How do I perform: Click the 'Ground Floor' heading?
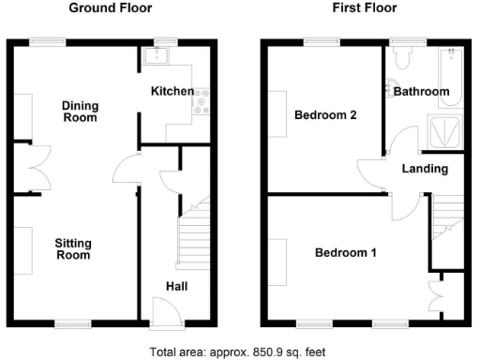(x=112, y=8)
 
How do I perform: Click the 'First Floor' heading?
(x=364, y=8)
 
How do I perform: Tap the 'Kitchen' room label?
(x=172, y=92)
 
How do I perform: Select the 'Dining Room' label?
(x=80, y=111)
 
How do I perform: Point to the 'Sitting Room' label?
(x=74, y=248)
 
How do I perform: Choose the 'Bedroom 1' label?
(x=345, y=253)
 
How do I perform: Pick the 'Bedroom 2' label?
(x=324, y=115)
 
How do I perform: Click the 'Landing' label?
(x=425, y=169)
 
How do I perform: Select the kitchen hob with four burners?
(x=202, y=101)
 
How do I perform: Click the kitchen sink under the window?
(x=156, y=58)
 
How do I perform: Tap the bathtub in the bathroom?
(x=450, y=75)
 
